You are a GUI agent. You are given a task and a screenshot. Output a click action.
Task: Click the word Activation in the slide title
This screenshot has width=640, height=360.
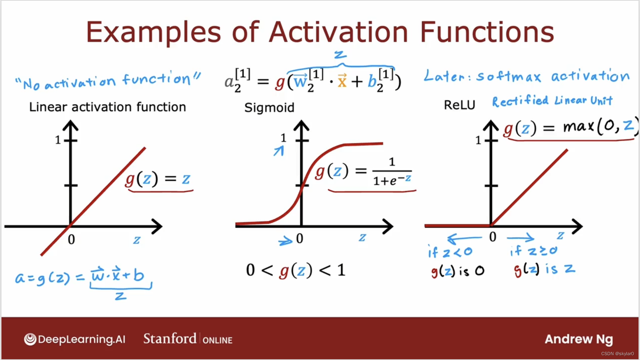(338, 32)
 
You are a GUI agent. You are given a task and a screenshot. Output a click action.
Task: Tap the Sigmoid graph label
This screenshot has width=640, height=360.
(269, 108)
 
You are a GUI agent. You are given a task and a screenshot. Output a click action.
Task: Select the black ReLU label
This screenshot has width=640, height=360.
(459, 105)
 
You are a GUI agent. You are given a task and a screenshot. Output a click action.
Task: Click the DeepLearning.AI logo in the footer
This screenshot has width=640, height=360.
(75, 339)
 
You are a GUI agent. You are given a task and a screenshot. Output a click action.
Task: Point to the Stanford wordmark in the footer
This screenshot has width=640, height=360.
(170, 338)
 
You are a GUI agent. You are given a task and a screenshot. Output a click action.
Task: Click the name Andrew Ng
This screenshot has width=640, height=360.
(579, 339)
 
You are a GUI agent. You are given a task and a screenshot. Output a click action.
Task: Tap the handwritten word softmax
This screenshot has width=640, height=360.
(509, 76)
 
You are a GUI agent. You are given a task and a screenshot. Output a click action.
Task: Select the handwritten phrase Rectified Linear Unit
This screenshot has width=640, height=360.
(552, 101)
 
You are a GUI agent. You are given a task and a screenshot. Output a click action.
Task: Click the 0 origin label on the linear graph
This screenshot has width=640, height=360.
(71, 240)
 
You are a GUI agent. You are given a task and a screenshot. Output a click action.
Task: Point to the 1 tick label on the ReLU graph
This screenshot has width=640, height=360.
(478, 140)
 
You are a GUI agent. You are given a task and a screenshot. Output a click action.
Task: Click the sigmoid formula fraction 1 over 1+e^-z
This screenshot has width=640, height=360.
(392, 172)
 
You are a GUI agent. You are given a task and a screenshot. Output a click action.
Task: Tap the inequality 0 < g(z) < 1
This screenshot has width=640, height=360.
(296, 270)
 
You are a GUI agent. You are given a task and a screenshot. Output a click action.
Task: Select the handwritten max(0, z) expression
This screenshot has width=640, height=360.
(601, 126)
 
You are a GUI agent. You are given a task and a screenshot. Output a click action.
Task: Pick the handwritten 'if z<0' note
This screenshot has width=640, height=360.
(450, 252)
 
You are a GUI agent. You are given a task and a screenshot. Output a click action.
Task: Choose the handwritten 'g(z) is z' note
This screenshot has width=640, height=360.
(544, 270)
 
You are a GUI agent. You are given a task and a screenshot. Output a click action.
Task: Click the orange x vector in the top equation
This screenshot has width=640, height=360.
(342, 80)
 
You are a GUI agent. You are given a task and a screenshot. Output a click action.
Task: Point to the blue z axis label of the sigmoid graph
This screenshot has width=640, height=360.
(362, 238)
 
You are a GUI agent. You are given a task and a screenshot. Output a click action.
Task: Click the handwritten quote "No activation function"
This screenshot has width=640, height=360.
(108, 80)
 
